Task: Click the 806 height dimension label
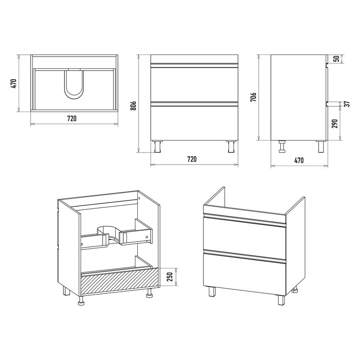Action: [x=134, y=106]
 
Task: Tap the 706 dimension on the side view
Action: [x=253, y=97]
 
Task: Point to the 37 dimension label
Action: [x=347, y=104]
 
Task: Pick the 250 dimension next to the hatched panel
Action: [x=170, y=277]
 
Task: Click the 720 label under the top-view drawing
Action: [x=72, y=118]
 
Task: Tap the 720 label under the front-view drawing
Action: [x=192, y=159]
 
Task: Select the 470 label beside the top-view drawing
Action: [x=14, y=84]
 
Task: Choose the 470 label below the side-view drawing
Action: [x=299, y=160]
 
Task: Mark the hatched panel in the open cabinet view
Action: [x=120, y=282]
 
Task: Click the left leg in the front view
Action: [x=158, y=146]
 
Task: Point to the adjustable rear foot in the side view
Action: [x=282, y=146]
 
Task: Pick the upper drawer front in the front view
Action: [x=194, y=84]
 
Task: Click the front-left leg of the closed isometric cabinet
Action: [x=212, y=292]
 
